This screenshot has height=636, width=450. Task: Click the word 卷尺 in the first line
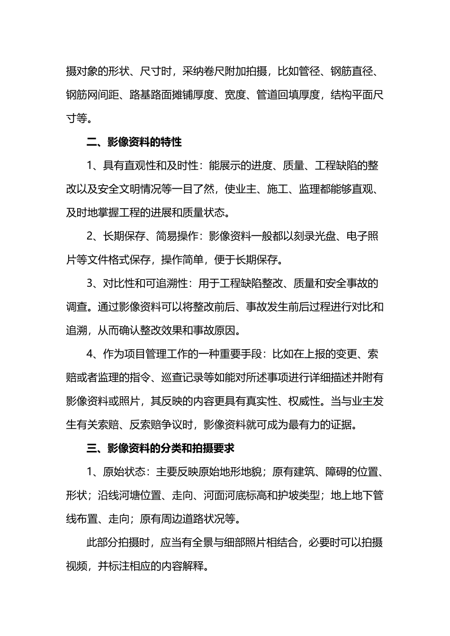tap(213, 71)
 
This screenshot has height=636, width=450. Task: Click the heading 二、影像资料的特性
tap(134, 142)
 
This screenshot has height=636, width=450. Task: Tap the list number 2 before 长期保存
tap(90, 237)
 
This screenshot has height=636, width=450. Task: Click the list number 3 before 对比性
tap(90, 283)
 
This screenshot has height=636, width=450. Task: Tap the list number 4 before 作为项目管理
tap(90, 354)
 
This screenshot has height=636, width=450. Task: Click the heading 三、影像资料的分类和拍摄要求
tap(161, 448)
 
